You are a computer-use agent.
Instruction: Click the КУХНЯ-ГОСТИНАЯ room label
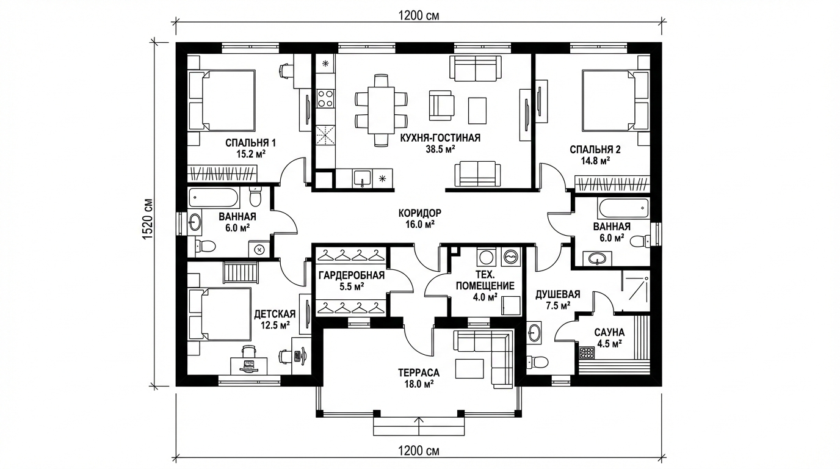pos(440,138)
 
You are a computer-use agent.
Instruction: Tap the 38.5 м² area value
pos(440,150)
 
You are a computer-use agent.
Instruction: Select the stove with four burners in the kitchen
pos(325,98)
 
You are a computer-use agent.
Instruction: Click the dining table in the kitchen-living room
pos(381,110)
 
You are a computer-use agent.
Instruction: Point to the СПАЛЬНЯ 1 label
pos(250,143)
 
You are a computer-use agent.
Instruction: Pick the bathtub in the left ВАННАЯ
pos(214,198)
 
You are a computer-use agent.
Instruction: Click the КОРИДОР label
pos(419,213)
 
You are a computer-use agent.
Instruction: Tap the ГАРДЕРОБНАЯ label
pos(352,275)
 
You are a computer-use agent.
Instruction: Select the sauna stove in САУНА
pos(587,354)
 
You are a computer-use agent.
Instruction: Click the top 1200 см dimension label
pos(419,15)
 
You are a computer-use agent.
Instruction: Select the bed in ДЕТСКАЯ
pos(220,314)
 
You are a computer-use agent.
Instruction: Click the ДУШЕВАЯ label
pos(557,294)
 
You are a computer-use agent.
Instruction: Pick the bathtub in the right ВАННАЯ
pos(624,209)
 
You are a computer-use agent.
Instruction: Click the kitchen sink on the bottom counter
pos(362,178)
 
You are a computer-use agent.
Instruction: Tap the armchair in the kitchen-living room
pos(441,106)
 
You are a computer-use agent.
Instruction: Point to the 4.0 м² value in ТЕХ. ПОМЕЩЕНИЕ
pos(485,297)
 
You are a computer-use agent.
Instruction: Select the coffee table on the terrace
pos(469,368)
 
